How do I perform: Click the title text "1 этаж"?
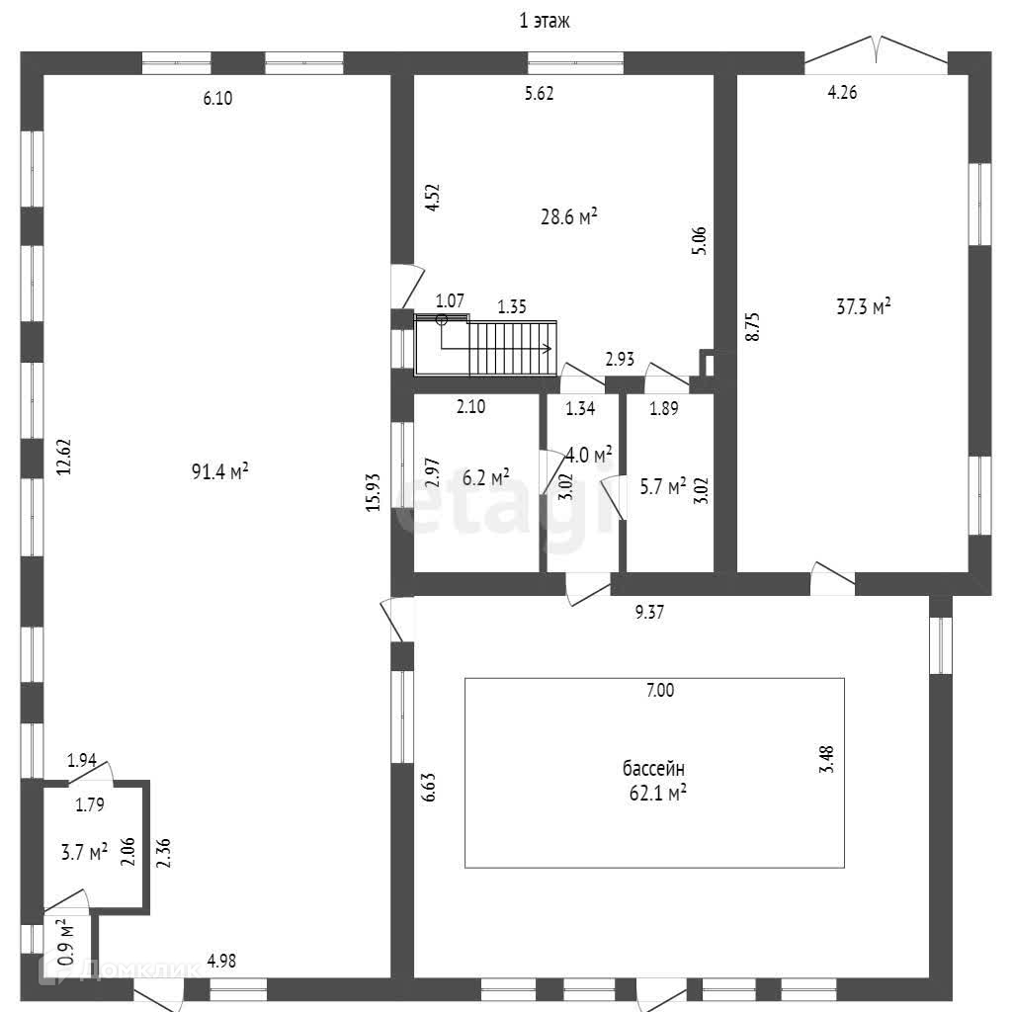click(545, 22)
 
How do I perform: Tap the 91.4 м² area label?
click(219, 471)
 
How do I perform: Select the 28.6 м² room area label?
click(568, 216)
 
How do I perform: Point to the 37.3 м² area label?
click(864, 306)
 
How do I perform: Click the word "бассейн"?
click(653, 768)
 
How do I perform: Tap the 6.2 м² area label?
click(486, 477)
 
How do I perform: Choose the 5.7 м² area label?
click(663, 486)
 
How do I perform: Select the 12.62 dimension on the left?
click(63, 457)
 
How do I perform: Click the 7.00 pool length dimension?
click(659, 692)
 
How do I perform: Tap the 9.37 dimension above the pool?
click(648, 613)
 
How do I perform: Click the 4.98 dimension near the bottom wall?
click(220, 960)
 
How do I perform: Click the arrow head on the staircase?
click(548, 348)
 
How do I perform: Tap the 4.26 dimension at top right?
click(842, 94)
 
